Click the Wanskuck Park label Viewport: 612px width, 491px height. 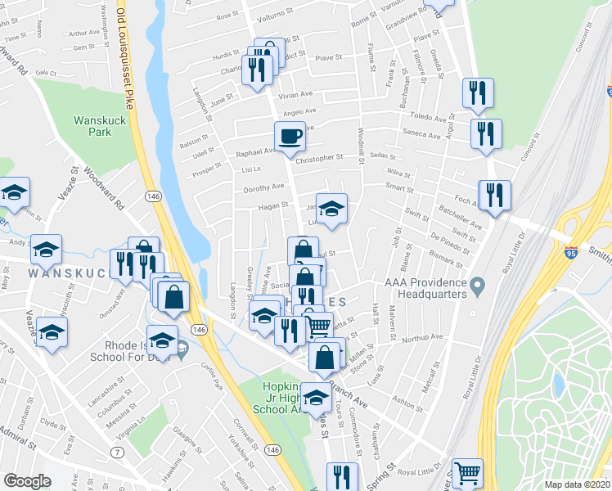92,125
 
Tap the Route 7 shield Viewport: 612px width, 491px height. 119,453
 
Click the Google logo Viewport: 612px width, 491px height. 27,481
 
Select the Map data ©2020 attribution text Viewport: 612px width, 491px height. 578,484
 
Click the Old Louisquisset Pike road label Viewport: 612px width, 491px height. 124,53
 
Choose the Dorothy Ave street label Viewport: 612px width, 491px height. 263,186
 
